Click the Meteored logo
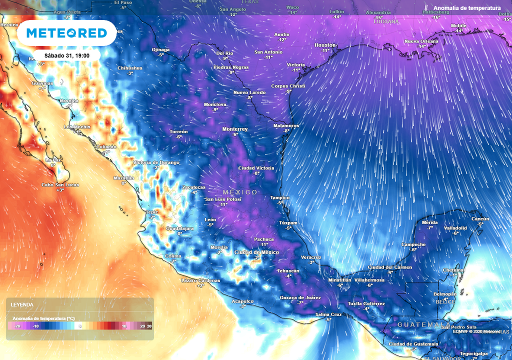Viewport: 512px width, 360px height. coord(66,33)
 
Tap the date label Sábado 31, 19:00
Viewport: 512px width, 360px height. coord(66,55)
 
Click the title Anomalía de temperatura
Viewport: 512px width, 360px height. coord(467,8)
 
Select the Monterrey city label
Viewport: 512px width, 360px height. coord(235,129)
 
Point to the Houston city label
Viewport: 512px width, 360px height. coord(325,45)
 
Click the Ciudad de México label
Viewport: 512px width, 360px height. coord(256,252)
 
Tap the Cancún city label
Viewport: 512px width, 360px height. coord(480,219)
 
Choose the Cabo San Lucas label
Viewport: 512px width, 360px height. coord(59,185)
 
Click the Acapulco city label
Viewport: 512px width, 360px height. coord(242,301)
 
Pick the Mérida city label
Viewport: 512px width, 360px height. coord(429,222)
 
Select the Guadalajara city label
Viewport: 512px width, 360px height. coord(179,228)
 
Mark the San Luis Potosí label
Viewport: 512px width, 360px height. coord(223,199)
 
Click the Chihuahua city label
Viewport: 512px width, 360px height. coord(130,68)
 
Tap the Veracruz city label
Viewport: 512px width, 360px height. coord(311,257)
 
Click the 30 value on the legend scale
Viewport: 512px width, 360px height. coord(149,326)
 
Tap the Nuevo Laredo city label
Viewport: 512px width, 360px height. coord(249,92)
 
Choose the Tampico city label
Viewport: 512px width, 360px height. coord(280,197)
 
